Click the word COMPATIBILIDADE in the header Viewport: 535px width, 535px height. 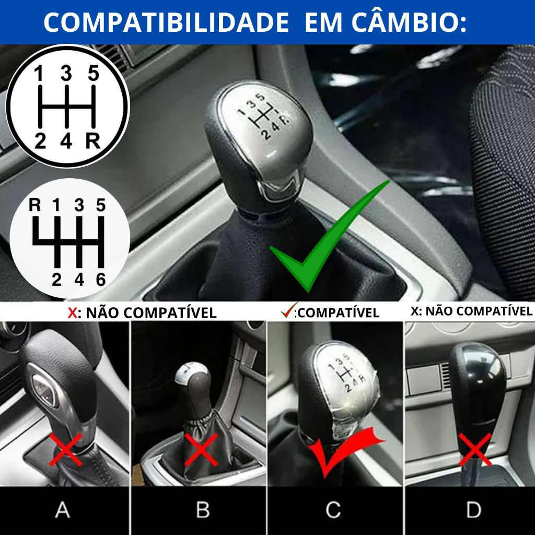tap(167, 22)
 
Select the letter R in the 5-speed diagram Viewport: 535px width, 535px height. tap(93, 141)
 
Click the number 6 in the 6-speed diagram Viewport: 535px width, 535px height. tap(101, 280)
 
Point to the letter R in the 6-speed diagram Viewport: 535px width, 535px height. tap(35, 205)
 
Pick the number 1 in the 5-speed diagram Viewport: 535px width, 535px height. tap(39, 73)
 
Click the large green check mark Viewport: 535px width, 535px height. tap(330, 236)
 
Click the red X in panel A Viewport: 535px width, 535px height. tap(66, 449)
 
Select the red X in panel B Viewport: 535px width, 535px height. tap(201, 449)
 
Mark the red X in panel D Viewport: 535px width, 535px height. tap(474, 449)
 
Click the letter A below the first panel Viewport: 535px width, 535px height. tap(63, 510)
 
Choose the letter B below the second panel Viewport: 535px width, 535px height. tap(203, 510)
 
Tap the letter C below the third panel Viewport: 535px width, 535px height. tap(333, 510)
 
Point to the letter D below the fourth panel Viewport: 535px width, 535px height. tap(474, 510)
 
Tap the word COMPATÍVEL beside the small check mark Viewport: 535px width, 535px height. tap(339, 313)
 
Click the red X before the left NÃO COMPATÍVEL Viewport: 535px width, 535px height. tap(73, 313)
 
